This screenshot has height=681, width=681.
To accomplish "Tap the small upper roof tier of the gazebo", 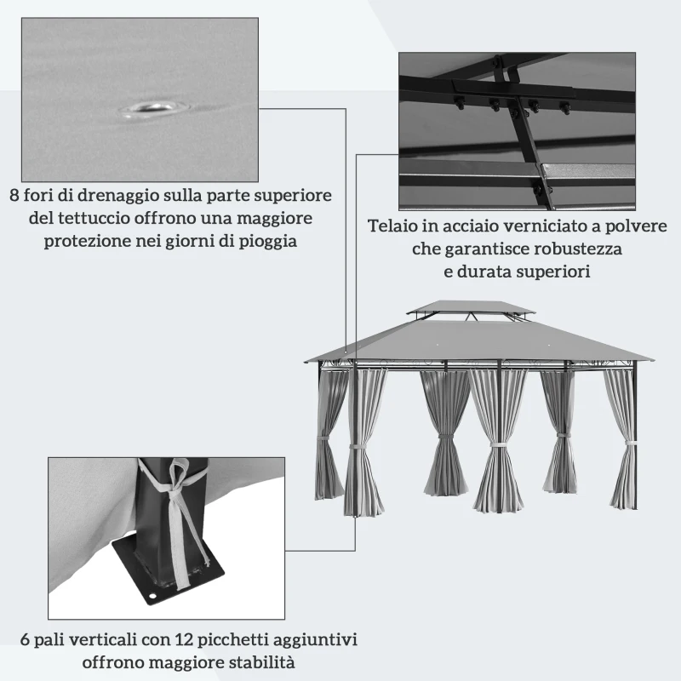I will click(470, 308).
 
